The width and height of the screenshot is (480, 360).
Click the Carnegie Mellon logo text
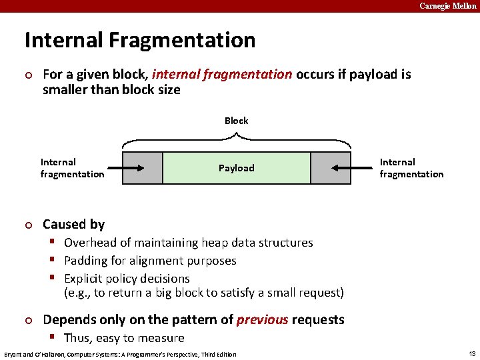pos(448,6)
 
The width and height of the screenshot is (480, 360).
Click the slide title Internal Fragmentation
pos(140,41)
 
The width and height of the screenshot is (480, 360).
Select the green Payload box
pos(236,168)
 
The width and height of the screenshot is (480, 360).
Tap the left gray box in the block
pos(143,168)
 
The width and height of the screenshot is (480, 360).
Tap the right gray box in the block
pos(330,168)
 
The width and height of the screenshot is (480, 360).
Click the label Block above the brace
pos(236,121)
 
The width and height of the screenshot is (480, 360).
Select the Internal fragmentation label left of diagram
pos(72,168)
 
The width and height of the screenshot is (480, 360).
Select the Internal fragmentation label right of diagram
pos(411,168)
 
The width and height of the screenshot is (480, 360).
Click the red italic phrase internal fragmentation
pos(222,74)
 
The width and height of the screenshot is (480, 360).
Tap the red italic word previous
pos(263,319)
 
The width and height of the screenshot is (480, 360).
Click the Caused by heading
pos(73,224)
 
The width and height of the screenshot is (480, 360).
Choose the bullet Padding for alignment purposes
pos(150,261)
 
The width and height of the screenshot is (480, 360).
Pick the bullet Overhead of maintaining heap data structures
pos(188,243)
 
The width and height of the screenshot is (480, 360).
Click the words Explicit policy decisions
pos(127,279)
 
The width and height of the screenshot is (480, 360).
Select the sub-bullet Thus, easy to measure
pos(124,338)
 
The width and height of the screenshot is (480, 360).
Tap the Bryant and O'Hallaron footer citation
pos(120,354)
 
